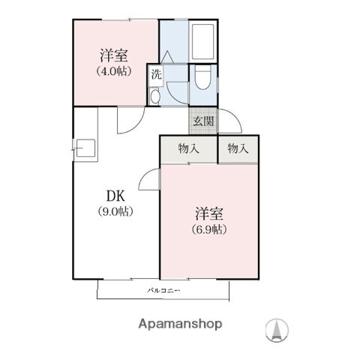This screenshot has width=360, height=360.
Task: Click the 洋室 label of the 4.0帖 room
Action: click(115, 55)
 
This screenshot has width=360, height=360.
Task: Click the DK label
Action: click(115, 195)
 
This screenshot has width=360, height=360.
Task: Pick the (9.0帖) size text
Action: click(115, 211)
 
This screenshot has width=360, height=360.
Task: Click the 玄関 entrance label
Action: click(202, 121)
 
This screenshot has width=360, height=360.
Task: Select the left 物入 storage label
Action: click(188, 148)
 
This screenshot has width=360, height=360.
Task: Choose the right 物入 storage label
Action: click(238, 148)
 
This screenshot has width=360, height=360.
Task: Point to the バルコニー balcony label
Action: click(161, 289)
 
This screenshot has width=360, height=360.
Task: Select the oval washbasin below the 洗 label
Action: click(155, 96)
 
